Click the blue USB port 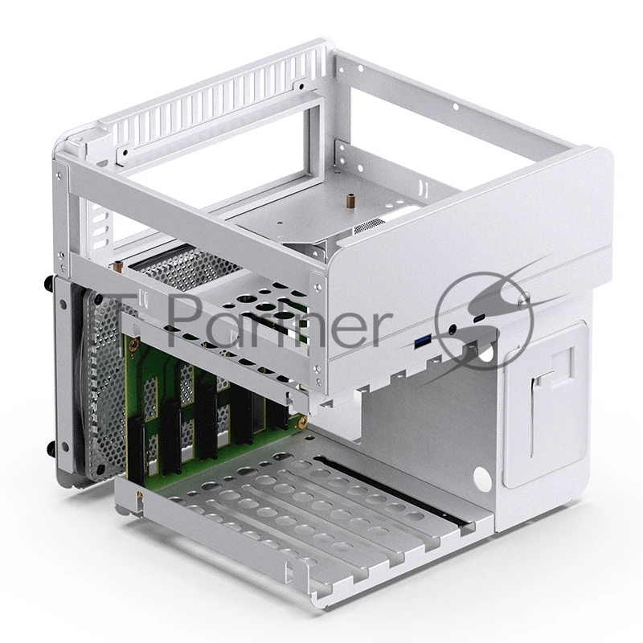click(x=420, y=344)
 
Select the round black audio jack click(x=457, y=327)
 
